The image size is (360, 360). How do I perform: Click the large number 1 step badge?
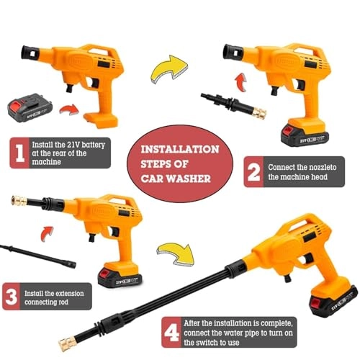[x=19, y=153]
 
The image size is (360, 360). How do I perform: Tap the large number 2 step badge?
[x=253, y=171]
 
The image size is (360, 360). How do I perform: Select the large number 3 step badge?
[x=12, y=297]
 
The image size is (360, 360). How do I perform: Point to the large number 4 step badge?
[x=171, y=333]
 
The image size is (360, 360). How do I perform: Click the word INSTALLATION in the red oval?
[x=180, y=149]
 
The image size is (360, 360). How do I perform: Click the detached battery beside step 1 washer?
[x=30, y=108]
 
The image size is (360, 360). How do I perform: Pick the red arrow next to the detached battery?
[x=69, y=109]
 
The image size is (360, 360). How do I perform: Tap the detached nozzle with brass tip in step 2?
[x=233, y=104]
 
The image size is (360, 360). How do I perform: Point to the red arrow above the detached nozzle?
[x=240, y=82]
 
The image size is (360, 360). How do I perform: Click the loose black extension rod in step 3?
[x=38, y=256]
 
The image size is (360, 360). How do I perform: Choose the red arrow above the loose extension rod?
[x=47, y=233]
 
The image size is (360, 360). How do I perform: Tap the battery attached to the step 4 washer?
[x=333, y=302]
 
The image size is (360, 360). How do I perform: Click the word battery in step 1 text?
[x=92, y=145]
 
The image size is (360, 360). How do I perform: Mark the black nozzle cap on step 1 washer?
[x=30, y=53]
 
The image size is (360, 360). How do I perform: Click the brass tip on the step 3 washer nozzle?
[x=19, y=201]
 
